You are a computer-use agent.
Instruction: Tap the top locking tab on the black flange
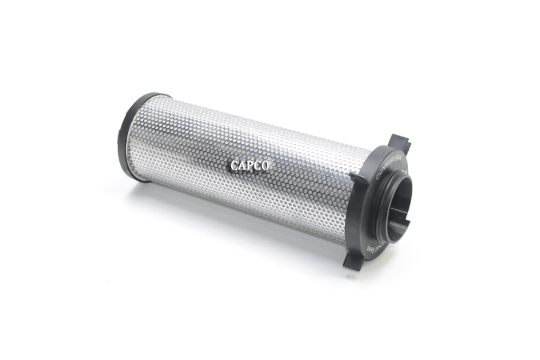(400, 142)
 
